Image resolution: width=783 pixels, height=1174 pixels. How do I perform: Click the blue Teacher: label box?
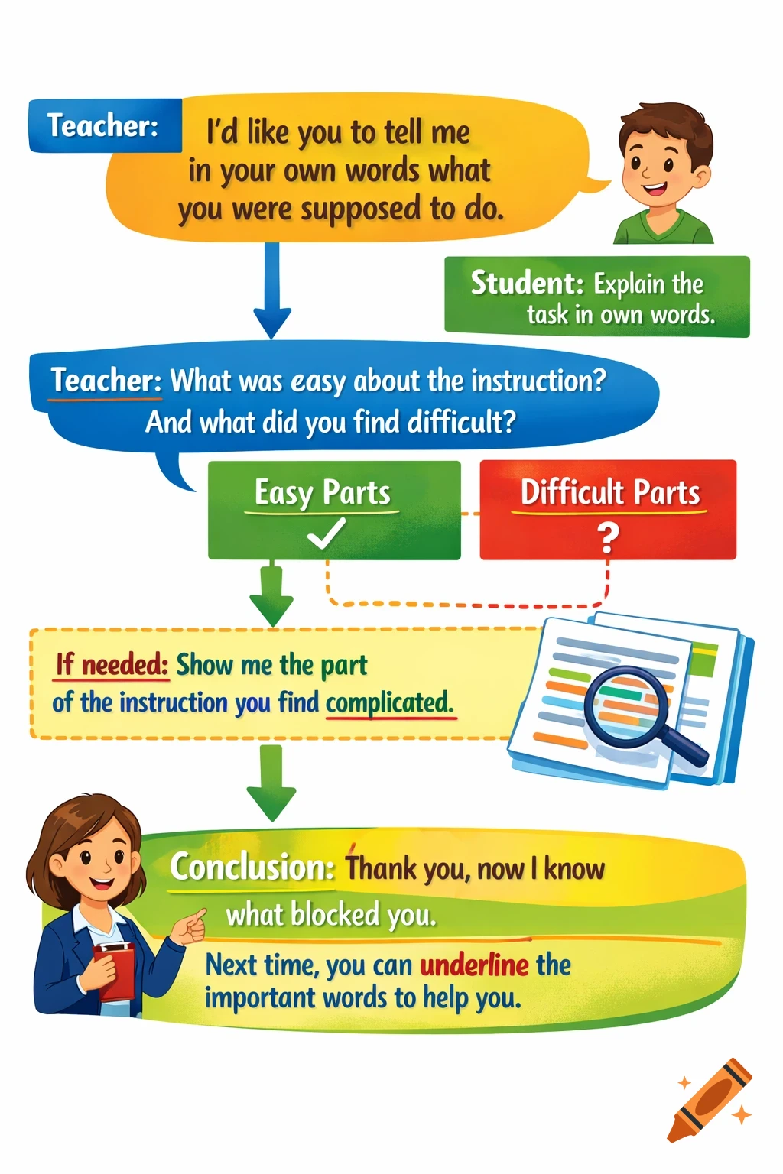point(105,125)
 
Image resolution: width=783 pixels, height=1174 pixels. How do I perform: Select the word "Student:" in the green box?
point(527,283)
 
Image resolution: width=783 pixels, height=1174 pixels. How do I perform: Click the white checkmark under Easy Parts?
point(326,533)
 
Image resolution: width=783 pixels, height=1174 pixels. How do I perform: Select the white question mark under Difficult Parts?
point(608,537)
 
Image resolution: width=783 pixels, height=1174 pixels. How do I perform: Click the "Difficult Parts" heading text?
point(609,493)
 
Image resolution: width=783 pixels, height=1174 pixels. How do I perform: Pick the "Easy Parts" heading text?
point(322,493)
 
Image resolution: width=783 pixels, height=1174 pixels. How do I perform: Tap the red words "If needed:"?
point(112,665)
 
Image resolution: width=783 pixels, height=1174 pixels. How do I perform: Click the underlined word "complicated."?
point(389,702)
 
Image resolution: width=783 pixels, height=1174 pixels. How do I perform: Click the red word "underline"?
point(474,965)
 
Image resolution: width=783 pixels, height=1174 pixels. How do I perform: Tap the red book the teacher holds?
point(115,971)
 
